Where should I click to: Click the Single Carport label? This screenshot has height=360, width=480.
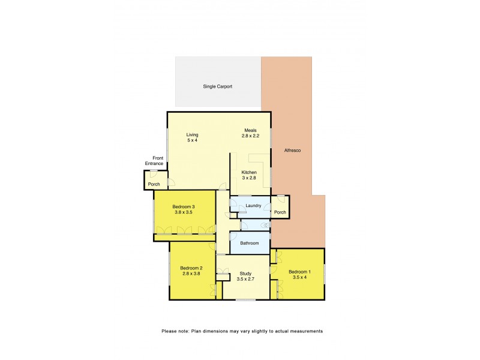(217, 86)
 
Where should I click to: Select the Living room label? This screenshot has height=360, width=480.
(192, 134)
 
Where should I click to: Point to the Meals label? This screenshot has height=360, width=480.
(251, 131)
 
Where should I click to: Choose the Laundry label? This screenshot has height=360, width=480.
(253, 206)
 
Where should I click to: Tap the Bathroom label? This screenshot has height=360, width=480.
(250, 243)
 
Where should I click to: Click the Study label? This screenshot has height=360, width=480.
(245, 274)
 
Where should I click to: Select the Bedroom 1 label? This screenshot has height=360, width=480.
(298, 271)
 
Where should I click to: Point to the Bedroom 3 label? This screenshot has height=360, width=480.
(185, 207)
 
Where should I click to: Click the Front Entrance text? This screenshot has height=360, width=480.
(154, 160)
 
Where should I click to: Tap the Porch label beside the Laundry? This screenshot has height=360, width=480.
(280, 212)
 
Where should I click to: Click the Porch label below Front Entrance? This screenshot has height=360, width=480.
(154, 184)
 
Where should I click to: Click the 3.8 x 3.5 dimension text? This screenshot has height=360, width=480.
(185, 212)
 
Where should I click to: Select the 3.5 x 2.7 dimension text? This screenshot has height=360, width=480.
(245, 279)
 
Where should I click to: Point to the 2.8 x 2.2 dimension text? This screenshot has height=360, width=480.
(251, 137)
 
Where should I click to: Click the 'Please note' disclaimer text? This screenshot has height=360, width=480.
(242, 331)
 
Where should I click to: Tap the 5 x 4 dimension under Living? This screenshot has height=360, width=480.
(192, 140)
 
